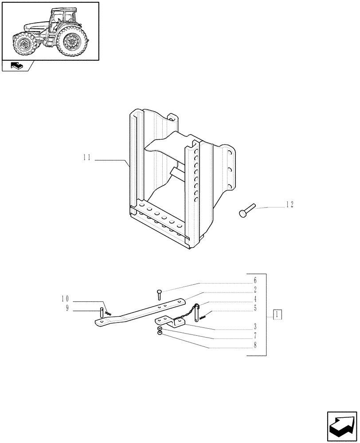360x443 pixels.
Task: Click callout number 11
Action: [86, 157]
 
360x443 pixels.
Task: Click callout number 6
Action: [255, 280]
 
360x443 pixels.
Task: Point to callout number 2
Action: [255, 290]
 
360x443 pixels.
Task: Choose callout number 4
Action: [255, 299]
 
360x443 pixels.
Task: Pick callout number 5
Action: [255, 308]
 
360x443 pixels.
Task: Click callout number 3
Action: [255, 330]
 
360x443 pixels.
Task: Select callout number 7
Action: [255, 339]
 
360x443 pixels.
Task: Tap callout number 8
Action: [255, 348]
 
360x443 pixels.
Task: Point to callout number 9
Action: [67, 309]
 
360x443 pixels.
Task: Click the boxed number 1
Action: [277, 315]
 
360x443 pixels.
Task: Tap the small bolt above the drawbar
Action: [159, 293]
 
